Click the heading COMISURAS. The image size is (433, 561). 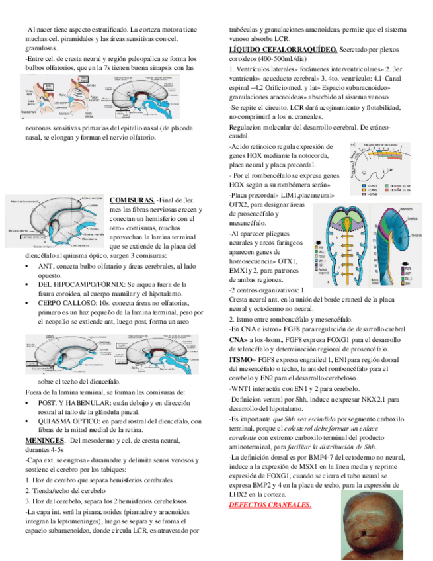(132, 200)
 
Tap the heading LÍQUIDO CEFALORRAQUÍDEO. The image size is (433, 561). (283, 50)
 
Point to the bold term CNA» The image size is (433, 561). (237, 339)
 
